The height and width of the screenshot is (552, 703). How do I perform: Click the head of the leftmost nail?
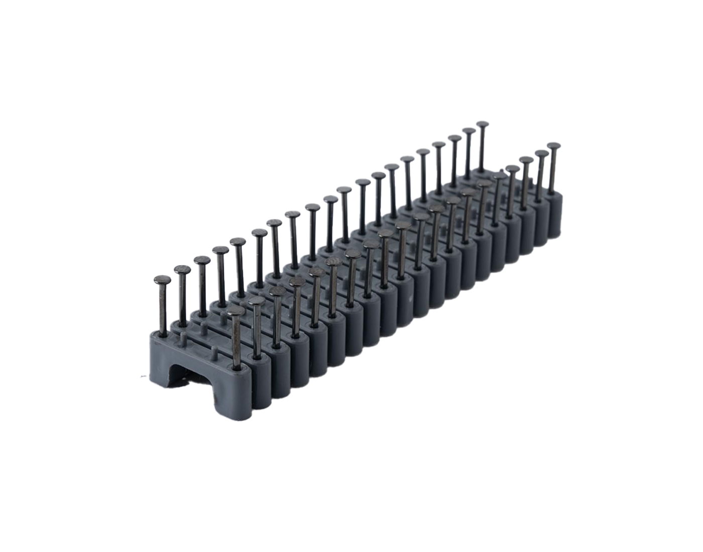pos(162,280)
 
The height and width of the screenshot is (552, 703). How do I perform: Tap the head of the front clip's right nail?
pos(237,311)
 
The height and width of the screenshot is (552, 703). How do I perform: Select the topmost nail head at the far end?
pos(483,125)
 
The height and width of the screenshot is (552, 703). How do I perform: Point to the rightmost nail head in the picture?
pos(553,146)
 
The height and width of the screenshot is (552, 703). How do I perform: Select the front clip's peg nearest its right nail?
pos(215,351)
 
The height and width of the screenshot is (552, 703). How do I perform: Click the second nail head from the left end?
pos(181,269)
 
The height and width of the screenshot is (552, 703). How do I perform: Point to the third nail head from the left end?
pos(201,259)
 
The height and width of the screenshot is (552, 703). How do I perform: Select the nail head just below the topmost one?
pos(469,131)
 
